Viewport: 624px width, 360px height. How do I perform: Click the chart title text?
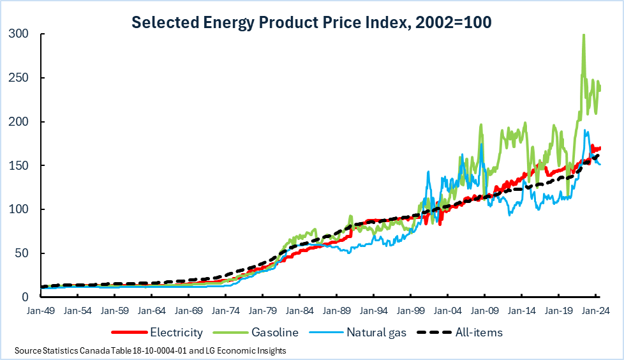[x=311, y=22]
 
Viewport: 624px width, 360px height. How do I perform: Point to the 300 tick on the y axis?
[x=20, y=34]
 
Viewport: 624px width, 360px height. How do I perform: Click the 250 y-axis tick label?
[x=20, y=78]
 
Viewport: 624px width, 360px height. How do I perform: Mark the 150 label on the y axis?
[x=20, y=165]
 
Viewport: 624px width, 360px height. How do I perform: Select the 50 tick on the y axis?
[x=23, y=253]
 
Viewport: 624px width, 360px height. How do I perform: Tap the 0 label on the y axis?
[x=26, y=297]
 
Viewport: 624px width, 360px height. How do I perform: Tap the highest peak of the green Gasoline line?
[x=583, y=35]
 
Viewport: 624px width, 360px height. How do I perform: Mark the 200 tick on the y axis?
[x=20, y=121]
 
